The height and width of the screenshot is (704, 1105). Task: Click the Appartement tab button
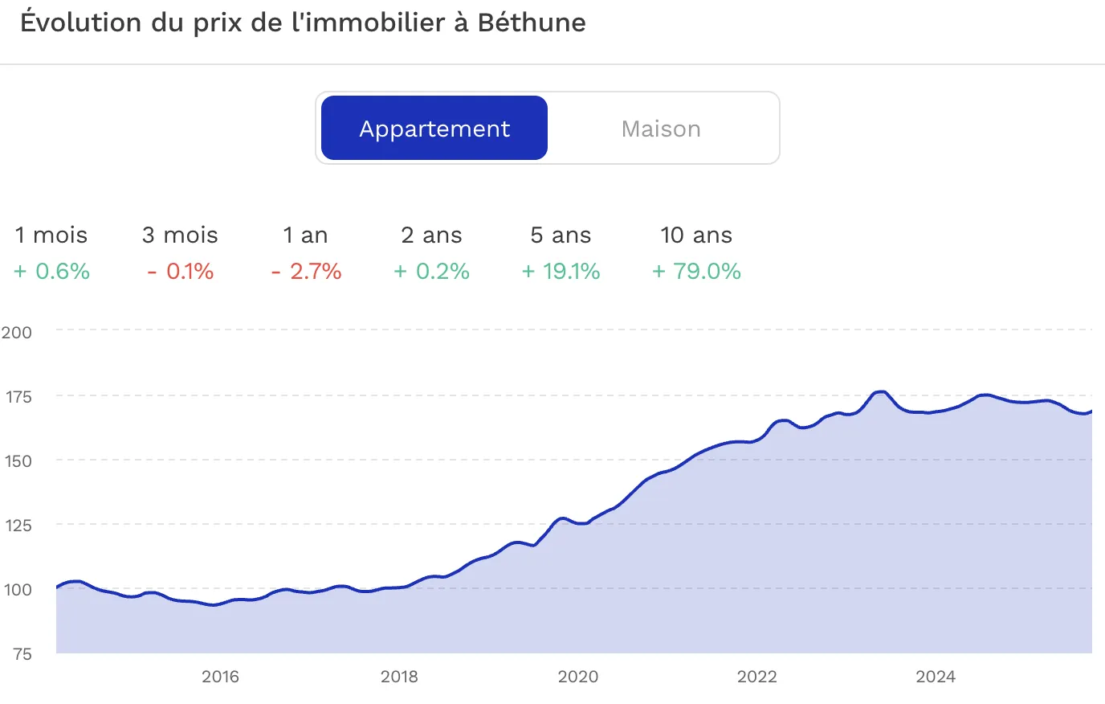tap(434, 129)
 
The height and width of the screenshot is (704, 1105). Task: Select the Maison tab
tap(661, 129)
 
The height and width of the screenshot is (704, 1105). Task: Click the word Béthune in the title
tap(532, 23)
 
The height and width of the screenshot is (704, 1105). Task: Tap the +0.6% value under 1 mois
tap(52, 272)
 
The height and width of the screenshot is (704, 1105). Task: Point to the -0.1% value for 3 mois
tap(181, 272)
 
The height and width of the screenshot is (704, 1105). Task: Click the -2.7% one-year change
tap(307, 272)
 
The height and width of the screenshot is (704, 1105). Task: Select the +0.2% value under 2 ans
tap(432, 272)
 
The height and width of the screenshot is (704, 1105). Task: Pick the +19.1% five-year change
tap(561, 272)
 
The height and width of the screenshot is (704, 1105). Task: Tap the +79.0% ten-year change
tap(696, 272)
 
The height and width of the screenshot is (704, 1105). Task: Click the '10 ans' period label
tap(696, 235)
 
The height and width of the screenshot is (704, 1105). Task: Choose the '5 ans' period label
tap(561, 235)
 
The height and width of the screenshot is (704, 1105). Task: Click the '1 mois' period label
tap(51, 235)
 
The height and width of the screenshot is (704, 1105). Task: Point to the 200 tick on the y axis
tap(17, 332)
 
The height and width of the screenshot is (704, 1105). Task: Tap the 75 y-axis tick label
tap(22, 653)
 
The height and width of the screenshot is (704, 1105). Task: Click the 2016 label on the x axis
tap(220, 677)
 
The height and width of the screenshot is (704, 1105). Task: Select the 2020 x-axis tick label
tap(578, 677)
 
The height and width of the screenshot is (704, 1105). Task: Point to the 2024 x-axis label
tap(936, 677)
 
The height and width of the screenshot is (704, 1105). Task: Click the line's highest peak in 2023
tap(881, 392)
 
